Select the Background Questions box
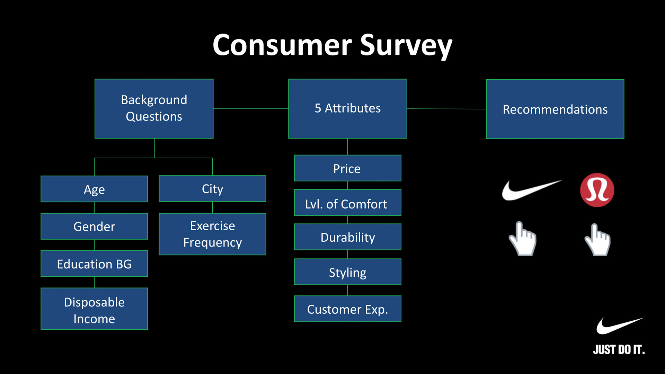[154, 108]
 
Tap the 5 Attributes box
[347, 108]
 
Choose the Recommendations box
[555, 109]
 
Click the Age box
[94, 189]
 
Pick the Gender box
[94, 226]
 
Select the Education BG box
[94, 264]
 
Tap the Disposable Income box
[94, 309]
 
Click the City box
[212, 189]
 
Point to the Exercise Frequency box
[212, 234]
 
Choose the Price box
[347, 168]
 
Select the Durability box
[347, 237]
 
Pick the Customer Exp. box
[347, 309]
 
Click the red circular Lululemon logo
[597, 190]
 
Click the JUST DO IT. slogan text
[619, 349]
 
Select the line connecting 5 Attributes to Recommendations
[446, 109]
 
